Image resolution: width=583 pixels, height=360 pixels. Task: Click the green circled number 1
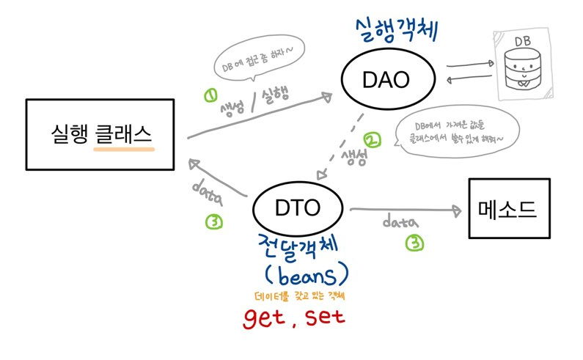click(211, 96)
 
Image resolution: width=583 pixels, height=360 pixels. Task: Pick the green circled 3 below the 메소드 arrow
click(415, 243)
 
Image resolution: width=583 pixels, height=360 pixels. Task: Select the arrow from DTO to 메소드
click(406, 210)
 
